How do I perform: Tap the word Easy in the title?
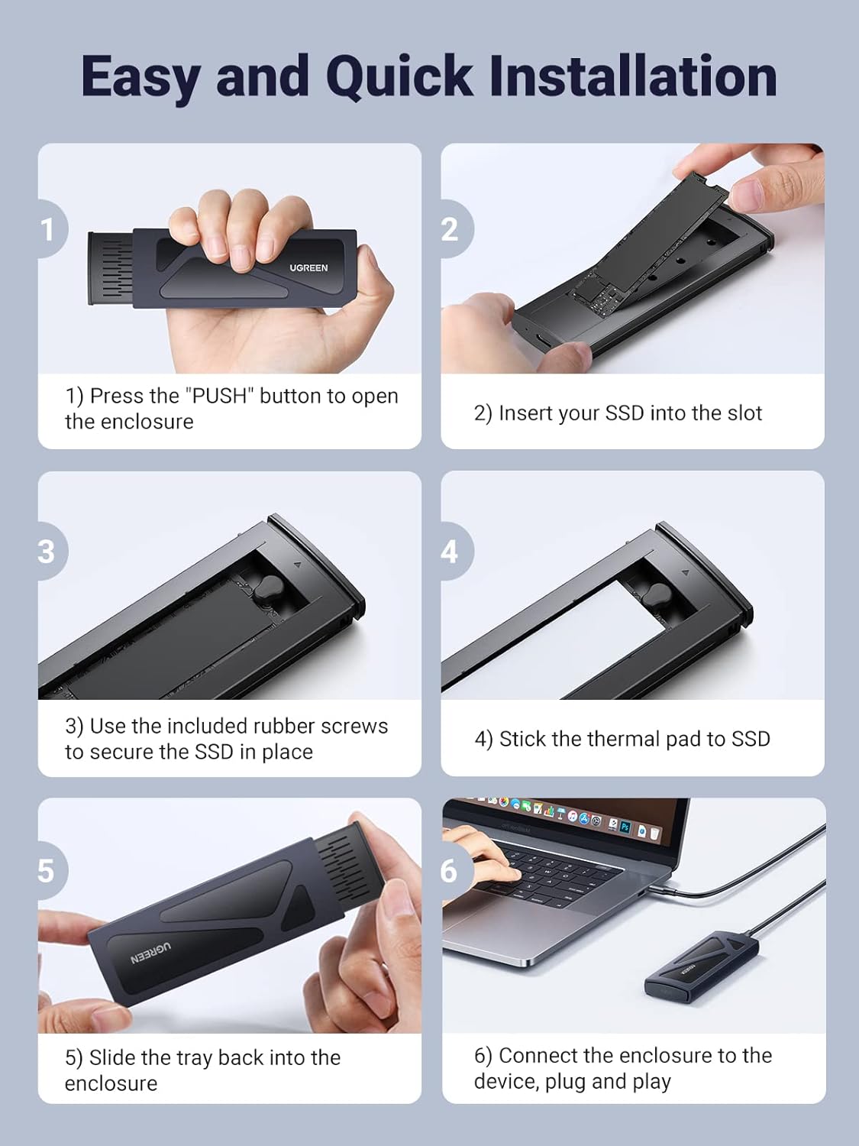point(142,76)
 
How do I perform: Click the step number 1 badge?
point(48,229)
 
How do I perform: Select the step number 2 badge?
point(450,229)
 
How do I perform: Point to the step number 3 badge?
point(47,551)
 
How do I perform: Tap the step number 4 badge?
point(450,551)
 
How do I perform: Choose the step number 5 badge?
point(47,870)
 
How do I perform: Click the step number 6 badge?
point(450,870)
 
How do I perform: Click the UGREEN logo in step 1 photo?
point(308,268)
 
